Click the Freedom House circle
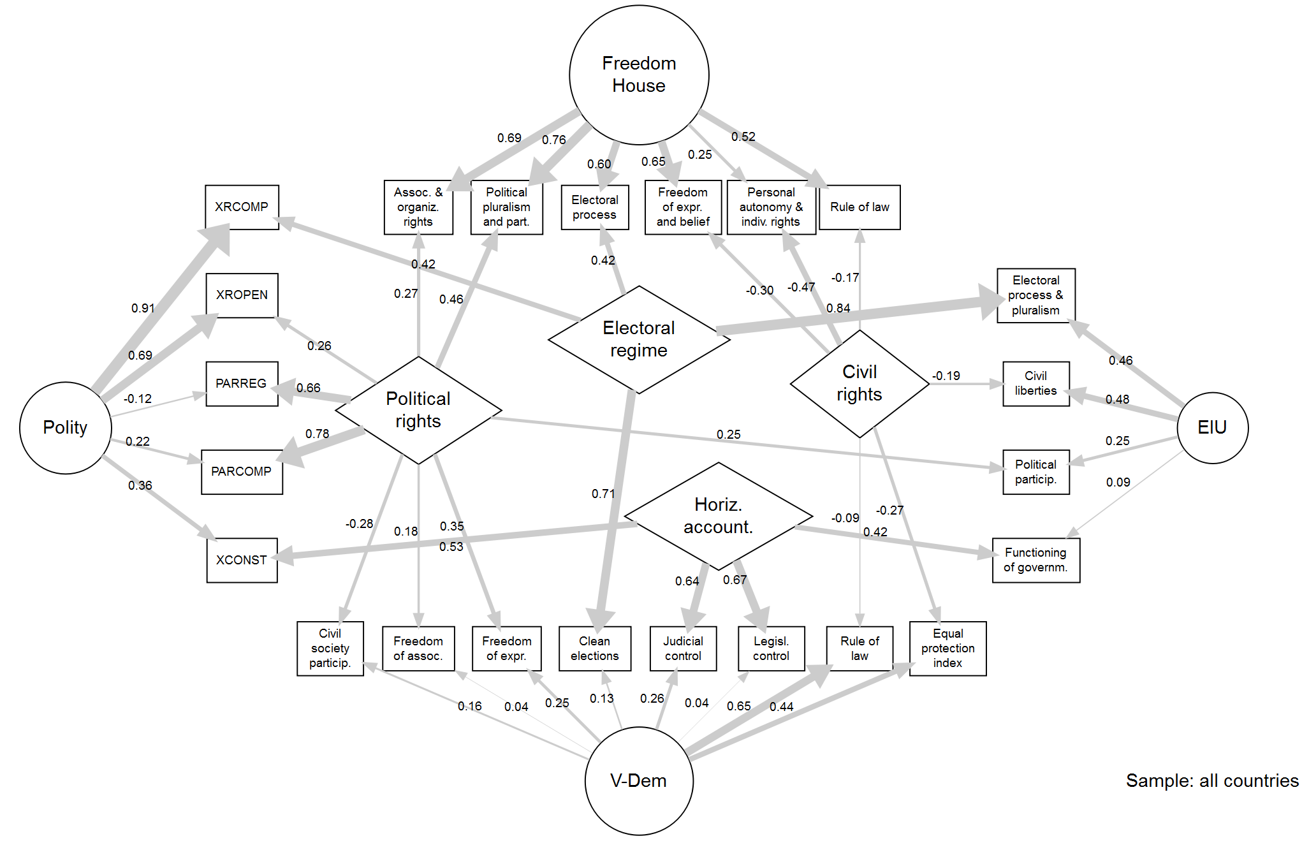coord(638,75)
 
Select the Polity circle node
coord(65,427)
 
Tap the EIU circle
coord(1211,427)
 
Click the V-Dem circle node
coord(638,781)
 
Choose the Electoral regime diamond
coord(638,339)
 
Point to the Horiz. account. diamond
coord(718,516)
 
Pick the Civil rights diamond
coord(859,383)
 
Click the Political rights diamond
coord(418,410)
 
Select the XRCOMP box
coord(242,207)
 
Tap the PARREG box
coord(242,383)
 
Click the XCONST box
coord(242,560)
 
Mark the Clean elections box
coord(594,648)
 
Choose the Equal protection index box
coord(947,648)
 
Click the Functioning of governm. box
coord(1035,560)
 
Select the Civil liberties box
coord(1035,383)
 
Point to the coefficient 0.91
coord(143,308)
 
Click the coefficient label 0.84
coord(838,308)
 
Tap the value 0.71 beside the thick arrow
coord(603,494)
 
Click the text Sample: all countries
coord(1211,781)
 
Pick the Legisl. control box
coord(771,648)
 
